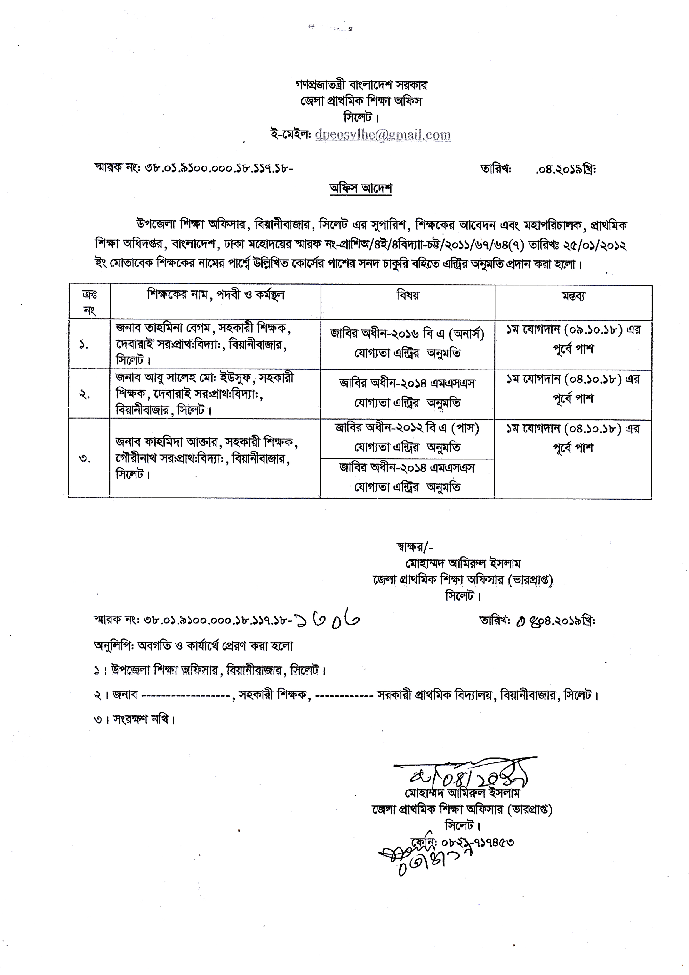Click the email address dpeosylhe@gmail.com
[383, 135]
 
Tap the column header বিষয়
[408, 295]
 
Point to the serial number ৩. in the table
[85, 459]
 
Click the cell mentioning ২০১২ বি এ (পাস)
[408, 437]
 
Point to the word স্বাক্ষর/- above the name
[414, 547]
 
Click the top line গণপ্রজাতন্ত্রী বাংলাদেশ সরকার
[361, 85]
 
